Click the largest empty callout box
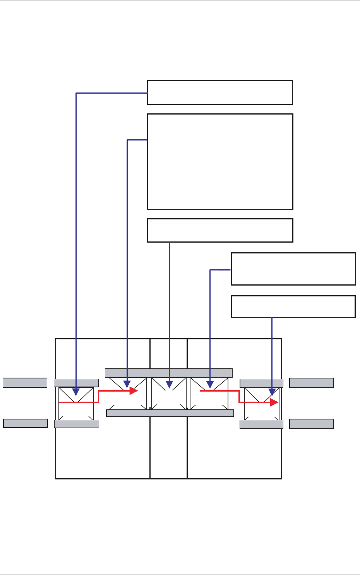220,161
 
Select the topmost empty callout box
220,92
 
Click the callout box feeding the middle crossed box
220,230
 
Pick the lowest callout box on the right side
293,306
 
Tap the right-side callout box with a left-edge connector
293,269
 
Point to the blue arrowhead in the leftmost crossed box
76,392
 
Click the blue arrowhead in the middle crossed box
169,384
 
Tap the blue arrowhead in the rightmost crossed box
272,392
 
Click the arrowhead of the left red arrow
134,391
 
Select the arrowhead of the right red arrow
274,402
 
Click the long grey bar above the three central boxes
168,373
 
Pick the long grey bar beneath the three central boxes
170,413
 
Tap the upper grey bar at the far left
25,383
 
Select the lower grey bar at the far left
25,423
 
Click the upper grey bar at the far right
311,383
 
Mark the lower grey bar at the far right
311,423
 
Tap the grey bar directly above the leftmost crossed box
76,383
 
